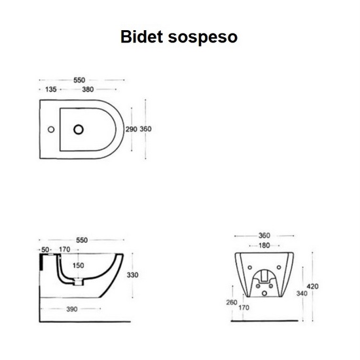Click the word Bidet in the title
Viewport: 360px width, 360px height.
tap(141, 37)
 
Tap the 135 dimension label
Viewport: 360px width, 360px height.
tap(51, 89)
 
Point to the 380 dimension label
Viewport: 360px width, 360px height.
tap(88, 89)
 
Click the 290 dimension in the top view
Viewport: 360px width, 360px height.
tap(132, 129)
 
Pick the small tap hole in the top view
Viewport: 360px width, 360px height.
tap(51, 130)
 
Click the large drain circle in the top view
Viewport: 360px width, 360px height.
tap(79, 130)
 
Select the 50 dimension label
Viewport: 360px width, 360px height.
tap(45, 250)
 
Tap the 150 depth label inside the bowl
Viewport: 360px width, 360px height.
tap(79, 266)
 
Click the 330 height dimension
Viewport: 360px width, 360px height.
tap(132, 275)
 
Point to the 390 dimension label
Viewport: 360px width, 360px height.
tap(72, 309)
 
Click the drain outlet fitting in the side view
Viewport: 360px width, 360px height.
tap(79, 281)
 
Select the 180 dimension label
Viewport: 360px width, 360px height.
tap(264, 245)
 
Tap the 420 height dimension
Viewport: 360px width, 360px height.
tap(313, 287)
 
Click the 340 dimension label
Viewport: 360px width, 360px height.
tap(302, 293)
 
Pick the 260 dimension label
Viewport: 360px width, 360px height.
tap(232, 302)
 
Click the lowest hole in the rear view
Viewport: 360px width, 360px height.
tap(264, 293)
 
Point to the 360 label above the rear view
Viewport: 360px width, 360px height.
tap(264, 236)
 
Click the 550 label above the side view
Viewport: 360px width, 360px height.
tap(82, 240)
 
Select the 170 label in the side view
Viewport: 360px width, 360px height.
tap(65, 249)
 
